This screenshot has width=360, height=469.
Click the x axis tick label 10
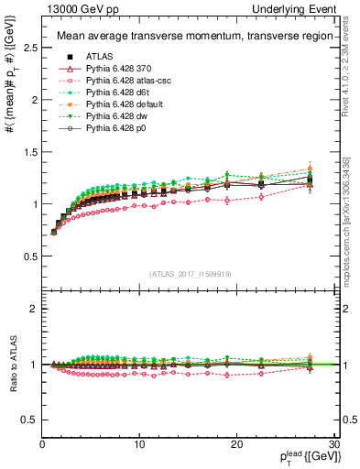click(139, 444)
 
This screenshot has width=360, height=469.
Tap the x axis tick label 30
click(333, 444)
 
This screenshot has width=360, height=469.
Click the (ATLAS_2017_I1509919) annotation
click(189, 272)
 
